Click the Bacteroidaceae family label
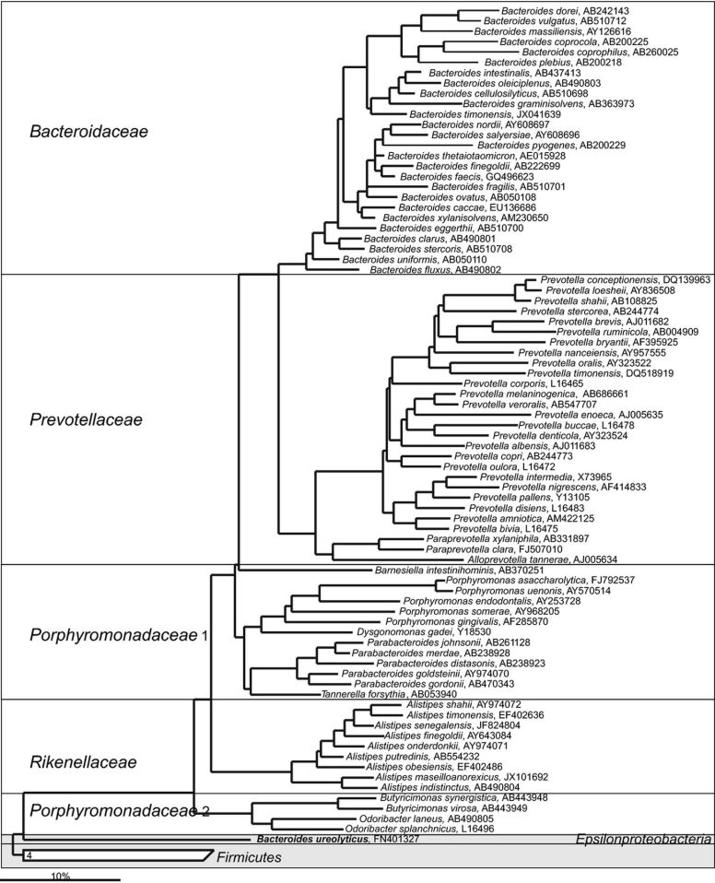pos(89,133)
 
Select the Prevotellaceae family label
pos(85,420)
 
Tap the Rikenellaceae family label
pos(84,762)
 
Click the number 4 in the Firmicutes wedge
pos(30,857)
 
